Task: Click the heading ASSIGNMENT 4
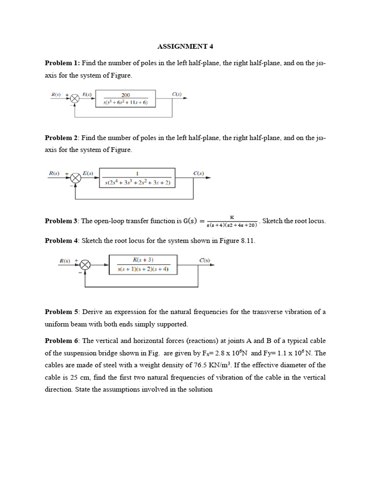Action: tap(185, 47)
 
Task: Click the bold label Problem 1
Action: tap(62, 63)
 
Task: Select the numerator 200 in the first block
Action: tap(125, 96)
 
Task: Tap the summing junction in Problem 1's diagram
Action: tap(75, 99)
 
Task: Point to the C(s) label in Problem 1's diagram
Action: tap(177, 95)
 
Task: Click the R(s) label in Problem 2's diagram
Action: tap(54, 173)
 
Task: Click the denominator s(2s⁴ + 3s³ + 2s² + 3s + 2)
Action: tap(138, 183)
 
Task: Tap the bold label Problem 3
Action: tap(61, 221)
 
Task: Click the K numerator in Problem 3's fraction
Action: tap(232, 218)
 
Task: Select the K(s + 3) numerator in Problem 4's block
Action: tap(143, 260)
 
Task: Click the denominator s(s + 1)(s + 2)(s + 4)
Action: tap(143, 269)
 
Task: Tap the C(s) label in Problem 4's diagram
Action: tap(205, 261)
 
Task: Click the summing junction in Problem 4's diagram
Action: tap(86, 264)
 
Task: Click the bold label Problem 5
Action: tap(61, 312)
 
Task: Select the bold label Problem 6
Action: tap(61, 341)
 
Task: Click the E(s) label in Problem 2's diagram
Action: tap(88, 173)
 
